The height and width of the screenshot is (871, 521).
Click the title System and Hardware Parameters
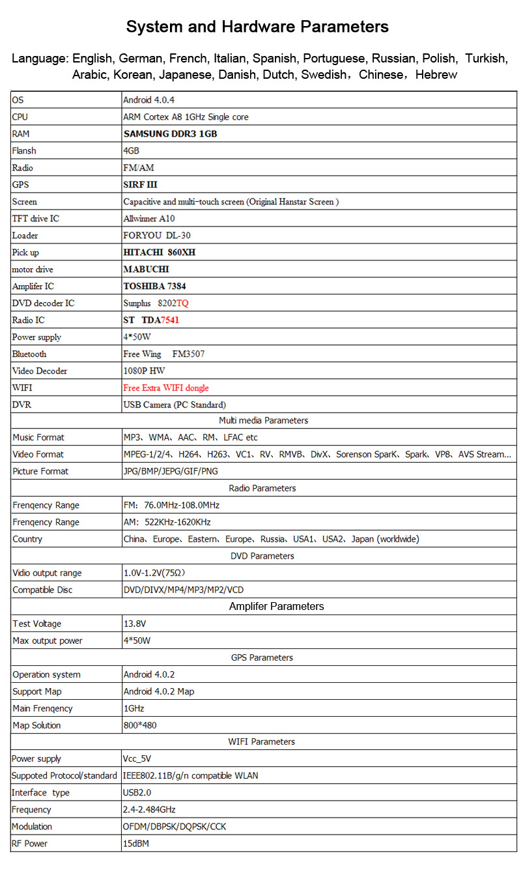point(257,27)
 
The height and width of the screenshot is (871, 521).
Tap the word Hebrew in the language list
point(436,75)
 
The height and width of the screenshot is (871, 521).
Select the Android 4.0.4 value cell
point(149,100)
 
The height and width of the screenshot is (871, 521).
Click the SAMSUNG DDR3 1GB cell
point(170,134)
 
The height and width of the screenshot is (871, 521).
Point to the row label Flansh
point(24,151)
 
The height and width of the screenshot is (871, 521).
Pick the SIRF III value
point(140,185)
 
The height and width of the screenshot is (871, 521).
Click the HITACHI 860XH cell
point(160,253)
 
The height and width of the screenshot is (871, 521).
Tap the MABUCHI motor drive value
point(147,270)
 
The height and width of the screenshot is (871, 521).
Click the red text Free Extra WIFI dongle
point(166,388)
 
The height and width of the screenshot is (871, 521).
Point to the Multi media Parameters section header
point(263,421)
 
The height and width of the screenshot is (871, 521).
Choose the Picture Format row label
point(40,471)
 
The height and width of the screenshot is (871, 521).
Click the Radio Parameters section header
point(262,488)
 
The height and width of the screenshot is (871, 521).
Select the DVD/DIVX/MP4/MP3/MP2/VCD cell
point(184,590)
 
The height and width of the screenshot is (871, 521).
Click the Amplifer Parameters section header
point(276,607)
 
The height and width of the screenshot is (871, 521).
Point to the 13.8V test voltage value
point(135,624)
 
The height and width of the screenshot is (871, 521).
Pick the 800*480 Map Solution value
point(140,725)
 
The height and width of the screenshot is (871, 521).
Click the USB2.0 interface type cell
point(137,793)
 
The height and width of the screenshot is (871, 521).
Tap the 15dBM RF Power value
point(136,844)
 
